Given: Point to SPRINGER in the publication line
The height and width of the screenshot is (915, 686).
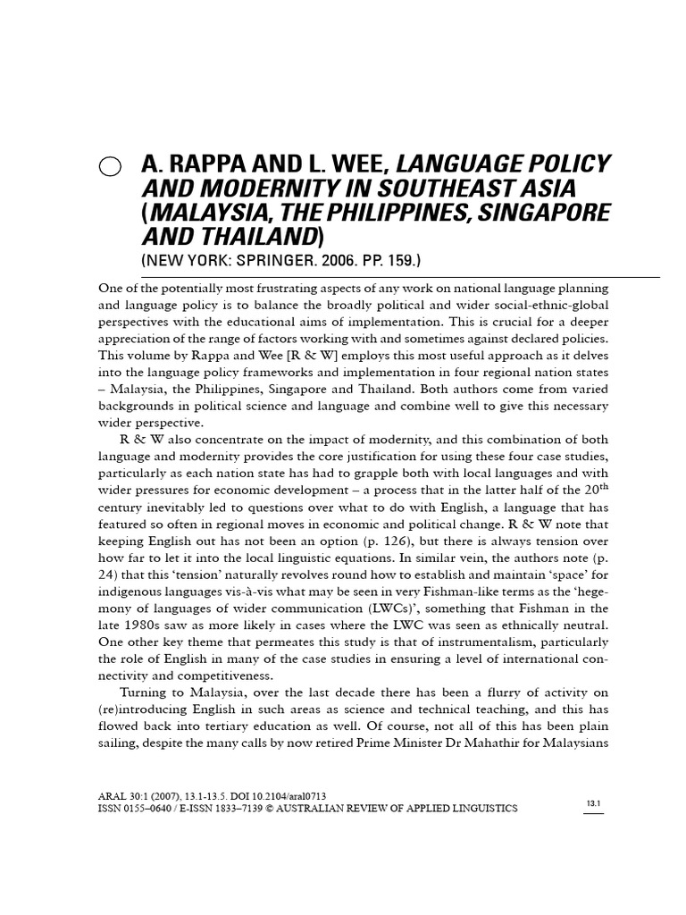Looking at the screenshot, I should pos(280,260).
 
